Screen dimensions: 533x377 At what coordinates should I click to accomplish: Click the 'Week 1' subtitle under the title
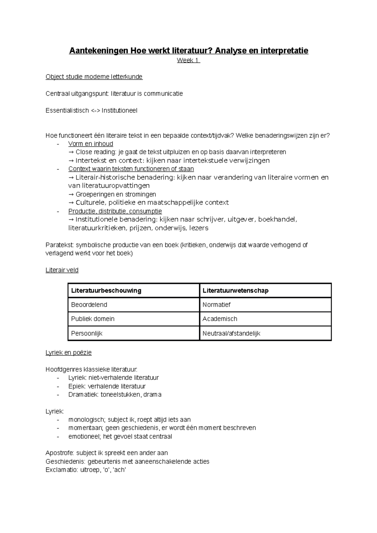pyautogui.click(x=188, y=61)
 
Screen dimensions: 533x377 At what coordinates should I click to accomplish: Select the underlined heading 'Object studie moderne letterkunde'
pyautogui.click(x=94, y=77)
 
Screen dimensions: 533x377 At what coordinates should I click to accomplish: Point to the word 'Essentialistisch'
pyautogui.click(x=67, y=110)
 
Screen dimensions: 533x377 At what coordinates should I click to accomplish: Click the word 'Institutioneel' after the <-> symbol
pyautogui.click(x=119, y=110)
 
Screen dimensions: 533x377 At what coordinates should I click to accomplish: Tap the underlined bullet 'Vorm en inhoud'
pyautogui.click(x=90, y=144)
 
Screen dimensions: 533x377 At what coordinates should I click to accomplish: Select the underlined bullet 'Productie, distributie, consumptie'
pyautogui.click(x=115, y=211)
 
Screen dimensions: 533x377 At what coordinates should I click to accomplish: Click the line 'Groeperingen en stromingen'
pyautogui.click(x=116, y=194)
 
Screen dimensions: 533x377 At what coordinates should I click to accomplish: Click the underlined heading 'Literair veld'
pyautogui.click(x=62, y=270)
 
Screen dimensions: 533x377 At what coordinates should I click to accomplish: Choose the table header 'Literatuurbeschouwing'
pyautogui.click(x=106, y=291)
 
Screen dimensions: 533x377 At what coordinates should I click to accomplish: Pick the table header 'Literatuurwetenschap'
pyautogui.click(x=235, y=291)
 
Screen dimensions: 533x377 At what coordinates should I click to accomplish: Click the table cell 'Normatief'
pyautogui.click(x=216, y=305)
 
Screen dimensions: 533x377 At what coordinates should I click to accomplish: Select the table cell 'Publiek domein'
pyautogui.click(x=93, y=319)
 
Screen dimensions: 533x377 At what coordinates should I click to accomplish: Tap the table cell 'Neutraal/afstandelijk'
pyautogui.click(x=231, y=333)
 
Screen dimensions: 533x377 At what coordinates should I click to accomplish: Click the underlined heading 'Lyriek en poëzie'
pyautogui.click(x=68, y=353)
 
